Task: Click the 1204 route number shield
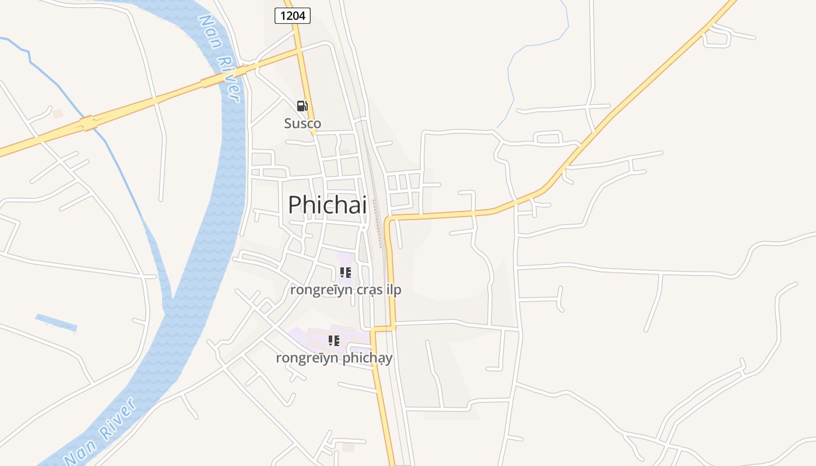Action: point(293,16)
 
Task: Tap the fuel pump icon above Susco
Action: point(302,106)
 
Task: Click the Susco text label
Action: point(303,123)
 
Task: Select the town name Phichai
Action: point(328,204)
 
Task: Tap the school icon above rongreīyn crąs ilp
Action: point(345,272)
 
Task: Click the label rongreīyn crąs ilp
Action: point(346,290)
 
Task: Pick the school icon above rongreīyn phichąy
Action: point(333,340)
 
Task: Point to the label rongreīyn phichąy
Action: point(334,358)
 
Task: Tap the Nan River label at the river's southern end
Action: point(100,432)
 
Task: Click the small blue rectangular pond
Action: point(56,322)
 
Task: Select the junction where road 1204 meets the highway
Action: point(299,51)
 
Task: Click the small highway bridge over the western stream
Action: point(89,123)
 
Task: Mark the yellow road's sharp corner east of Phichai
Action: point(387,220)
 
